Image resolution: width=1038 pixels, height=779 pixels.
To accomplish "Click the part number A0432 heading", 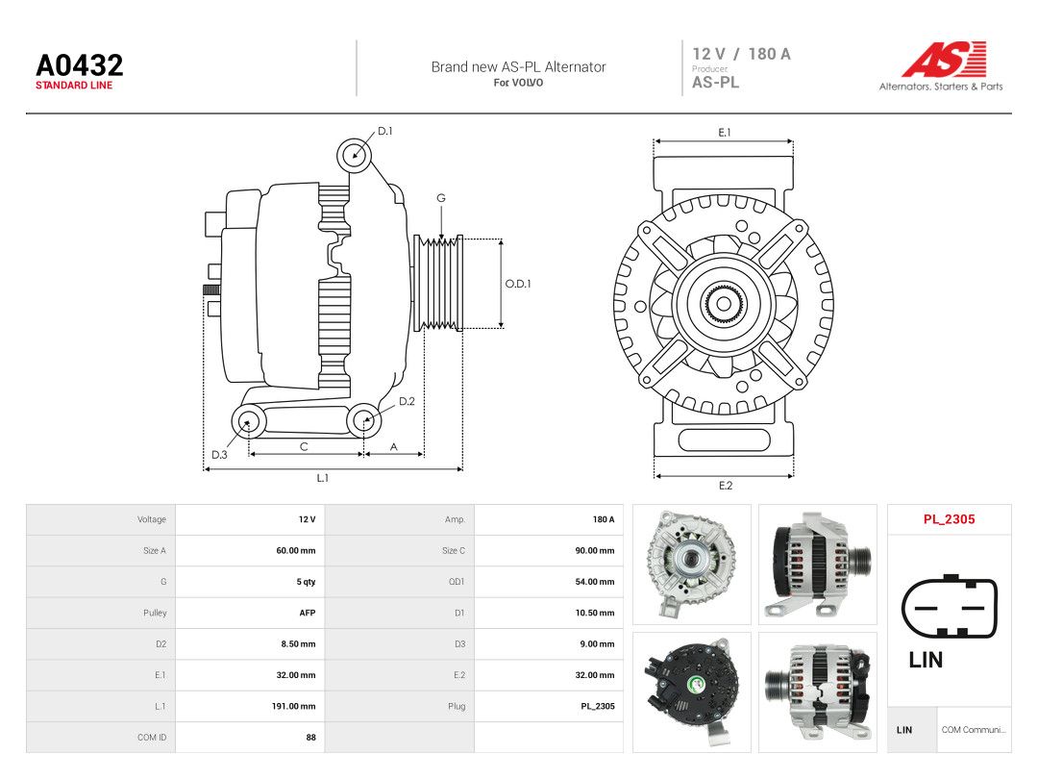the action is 80,65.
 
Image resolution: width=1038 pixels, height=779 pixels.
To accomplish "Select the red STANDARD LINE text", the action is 74,86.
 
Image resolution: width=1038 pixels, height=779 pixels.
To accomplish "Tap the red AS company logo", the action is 945,59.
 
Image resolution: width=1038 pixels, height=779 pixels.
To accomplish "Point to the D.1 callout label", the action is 384,131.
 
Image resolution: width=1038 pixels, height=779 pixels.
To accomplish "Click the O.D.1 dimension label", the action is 518,284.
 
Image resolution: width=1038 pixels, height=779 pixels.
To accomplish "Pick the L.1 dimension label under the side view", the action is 322,478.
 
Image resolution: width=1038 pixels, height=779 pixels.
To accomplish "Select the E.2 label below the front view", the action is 726,486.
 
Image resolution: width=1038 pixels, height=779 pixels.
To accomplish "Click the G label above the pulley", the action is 441,198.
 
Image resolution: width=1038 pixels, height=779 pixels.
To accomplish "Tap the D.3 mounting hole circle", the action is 248,420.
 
